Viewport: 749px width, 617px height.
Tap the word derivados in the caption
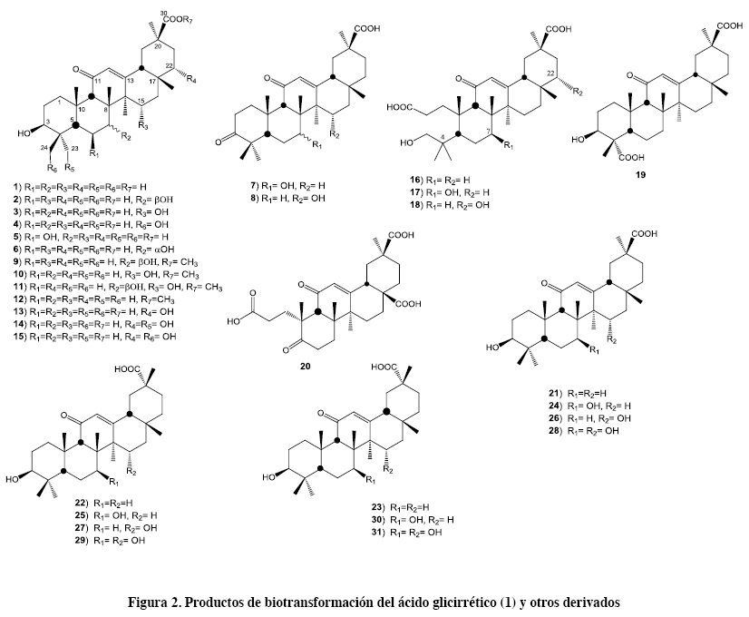[x=588, y=602]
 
